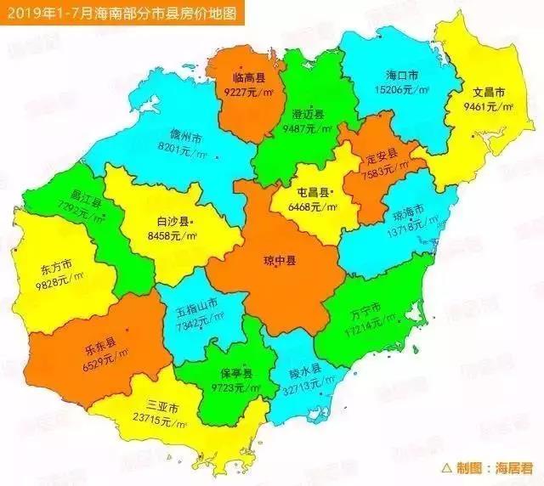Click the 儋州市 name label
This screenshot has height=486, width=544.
point(184,136)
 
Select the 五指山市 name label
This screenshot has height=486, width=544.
point(197,303)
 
